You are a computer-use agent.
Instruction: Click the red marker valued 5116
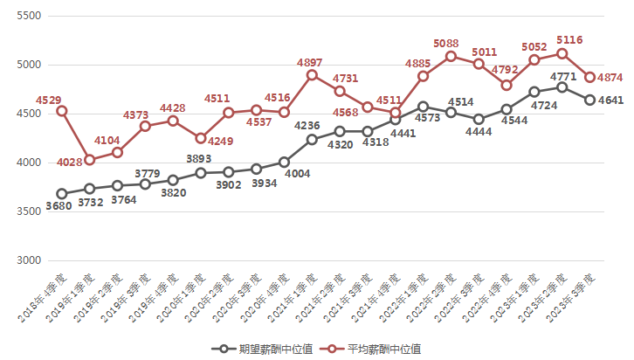pos(562,53)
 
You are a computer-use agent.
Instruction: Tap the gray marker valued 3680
pos(62,194)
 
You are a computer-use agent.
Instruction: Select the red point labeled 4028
pos(90,160)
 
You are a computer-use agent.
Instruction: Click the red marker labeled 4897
pos(312,75)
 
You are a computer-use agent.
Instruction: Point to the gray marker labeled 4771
pos(562,87)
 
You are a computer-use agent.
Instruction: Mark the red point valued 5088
pos(451,56)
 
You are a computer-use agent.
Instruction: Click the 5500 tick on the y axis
pos(29,17)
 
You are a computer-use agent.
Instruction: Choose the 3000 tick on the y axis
pos(29,261)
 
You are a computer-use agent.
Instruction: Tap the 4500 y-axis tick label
pos(29,114)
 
